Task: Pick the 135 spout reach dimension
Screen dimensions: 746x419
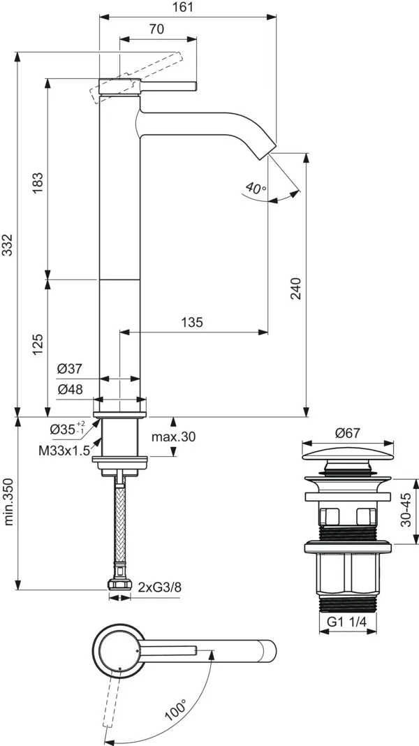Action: coord(192,322)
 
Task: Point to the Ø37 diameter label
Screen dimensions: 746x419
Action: coord(71,368)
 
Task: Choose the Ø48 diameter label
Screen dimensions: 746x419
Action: coord(71,390)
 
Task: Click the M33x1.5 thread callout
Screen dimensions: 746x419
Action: coord(64,451)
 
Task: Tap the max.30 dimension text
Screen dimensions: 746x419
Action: coord(173,437)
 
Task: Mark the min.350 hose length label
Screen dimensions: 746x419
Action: coord(9,500)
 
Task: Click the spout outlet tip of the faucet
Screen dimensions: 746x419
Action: coord(271,149)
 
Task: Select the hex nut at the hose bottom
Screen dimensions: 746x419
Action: coord(119,585)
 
